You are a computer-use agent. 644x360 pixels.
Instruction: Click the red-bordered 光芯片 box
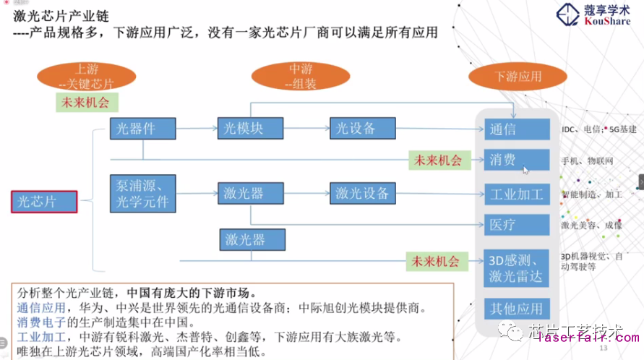tap(44, 200)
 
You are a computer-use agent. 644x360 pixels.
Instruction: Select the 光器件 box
tap(142, 129)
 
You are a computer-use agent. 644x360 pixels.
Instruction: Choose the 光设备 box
tap(362, 129)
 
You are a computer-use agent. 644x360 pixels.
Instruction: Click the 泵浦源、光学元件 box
tap(142, 193)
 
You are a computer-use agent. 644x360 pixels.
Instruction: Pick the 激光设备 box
tap(362, 193)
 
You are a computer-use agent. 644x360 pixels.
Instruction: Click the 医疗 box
tap(517, 225)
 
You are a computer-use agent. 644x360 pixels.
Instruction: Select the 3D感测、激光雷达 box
tap(517, 267)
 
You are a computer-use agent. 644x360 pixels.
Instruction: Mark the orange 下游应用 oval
tap(518, 76)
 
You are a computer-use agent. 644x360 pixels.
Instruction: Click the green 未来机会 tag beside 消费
tap(436, 160)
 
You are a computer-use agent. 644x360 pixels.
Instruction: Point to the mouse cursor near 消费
tap(526, 170)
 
